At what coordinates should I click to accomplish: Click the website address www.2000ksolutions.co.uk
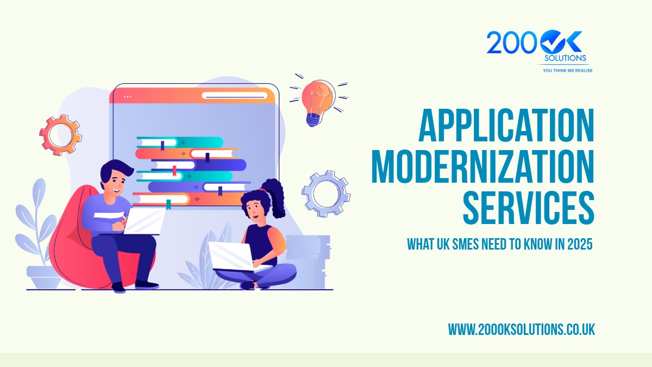pos(521,329)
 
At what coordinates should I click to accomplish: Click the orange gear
pos(60,134)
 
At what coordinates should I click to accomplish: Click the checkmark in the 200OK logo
pos(552,42)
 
